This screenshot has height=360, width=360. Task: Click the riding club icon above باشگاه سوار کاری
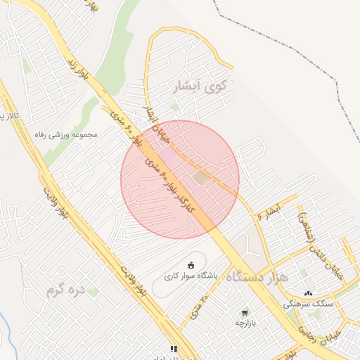coord(191,264)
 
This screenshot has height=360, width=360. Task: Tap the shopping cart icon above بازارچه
coord(244,312)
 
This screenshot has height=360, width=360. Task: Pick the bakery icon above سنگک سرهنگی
coord(308,293)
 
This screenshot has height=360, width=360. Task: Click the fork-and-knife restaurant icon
coord(173,348)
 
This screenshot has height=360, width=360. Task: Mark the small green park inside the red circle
coord(202,176)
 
